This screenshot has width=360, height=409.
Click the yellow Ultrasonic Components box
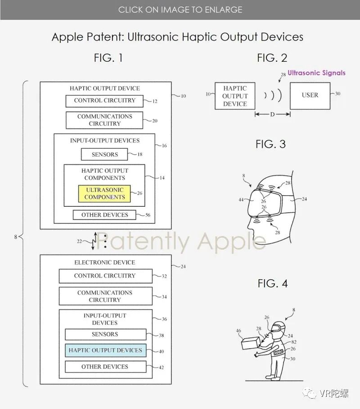tap(104, 193)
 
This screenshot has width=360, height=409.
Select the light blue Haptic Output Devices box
tap(105, 350)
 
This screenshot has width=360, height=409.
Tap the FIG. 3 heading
tap(270, 144)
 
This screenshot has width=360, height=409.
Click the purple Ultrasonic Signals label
tap(317, 73)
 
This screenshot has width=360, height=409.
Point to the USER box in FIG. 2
tap(310, 95)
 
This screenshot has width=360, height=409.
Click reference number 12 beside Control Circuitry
tap(154, 101)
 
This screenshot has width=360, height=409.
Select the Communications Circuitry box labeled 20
tap(104, 120)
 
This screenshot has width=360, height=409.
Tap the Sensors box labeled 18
tap(104, 155)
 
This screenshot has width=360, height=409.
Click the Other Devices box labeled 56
tap(104, 215)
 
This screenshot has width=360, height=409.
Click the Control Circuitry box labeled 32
tap(104, 276)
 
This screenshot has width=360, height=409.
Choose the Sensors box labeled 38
tap(105, 334)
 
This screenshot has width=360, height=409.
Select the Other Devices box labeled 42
tap(105, 367)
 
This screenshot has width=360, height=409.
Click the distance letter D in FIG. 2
tap(272, 115)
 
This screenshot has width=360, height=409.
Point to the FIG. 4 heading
tap(272, 283)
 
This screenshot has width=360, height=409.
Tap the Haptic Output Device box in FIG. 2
tap(235, 96)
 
